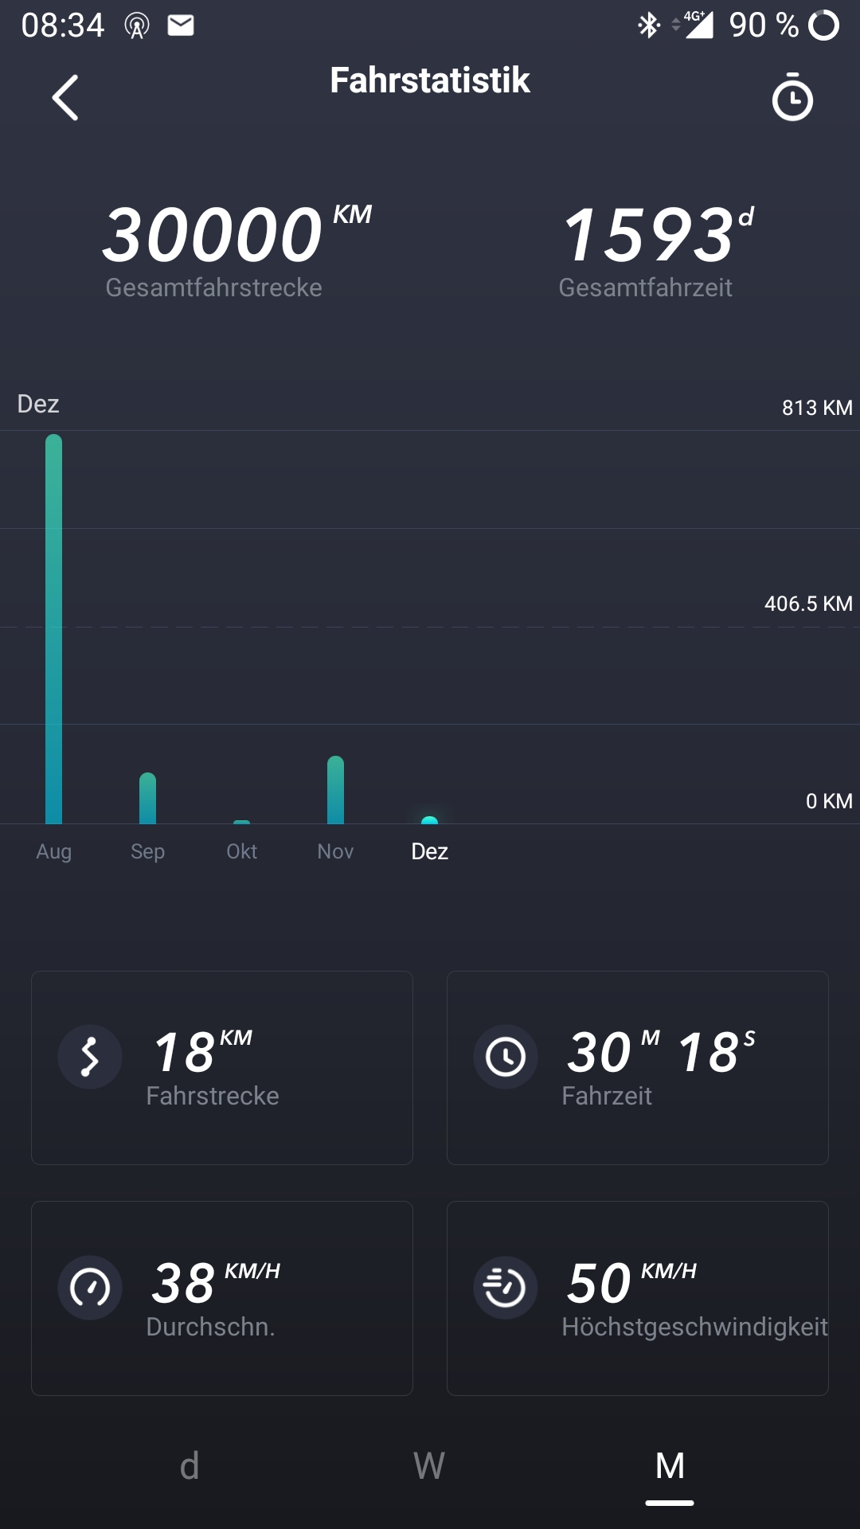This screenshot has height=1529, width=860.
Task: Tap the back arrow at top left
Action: pyautogui.click(x=65, y=98)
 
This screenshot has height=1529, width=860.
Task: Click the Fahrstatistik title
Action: pyautogui.click(x=430, y=80)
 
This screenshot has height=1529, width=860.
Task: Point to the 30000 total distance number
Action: pyautogui.click(x=213, y=235)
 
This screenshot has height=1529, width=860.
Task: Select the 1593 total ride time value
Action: pyautogui.click(x=648, y=235)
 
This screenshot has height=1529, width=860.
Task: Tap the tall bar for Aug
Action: pyautogui.click(x=53, y=629)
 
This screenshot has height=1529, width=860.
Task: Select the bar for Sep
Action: pyautogui.click(x=147, y=798)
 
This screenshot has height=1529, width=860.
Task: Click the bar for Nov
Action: pyautogui.click(x=335, y=790)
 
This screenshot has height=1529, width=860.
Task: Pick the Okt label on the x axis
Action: pyautogui.click(x=241, y=851)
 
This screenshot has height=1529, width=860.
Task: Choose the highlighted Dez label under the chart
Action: pyautogui.click(x=429, y=851)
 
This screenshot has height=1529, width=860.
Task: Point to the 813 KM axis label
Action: pyautogui.click(x=816, y=408)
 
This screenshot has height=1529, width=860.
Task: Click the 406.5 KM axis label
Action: pyautogui.click(x=807, y=604)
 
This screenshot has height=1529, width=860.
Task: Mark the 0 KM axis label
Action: pyautogui.click(x=828, y=801)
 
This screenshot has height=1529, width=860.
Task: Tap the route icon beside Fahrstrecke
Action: pyautogui.click(x=90, y=1057)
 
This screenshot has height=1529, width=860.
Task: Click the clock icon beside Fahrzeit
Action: pyautogui.click(x=506, y=1057)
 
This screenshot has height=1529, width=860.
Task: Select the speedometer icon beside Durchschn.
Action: pyautogui.click(x=90, y=1288)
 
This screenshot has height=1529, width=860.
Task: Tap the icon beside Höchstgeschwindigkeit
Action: pyautogui.click(x=506, y=1288)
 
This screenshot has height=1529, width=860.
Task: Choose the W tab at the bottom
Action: pyautogui.click(x=429, y=1466)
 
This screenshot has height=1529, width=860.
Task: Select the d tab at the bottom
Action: pyautogui.click(x=190, y=1466)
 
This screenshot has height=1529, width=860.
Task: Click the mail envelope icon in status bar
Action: pyautogui.click(x=181, y=25)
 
